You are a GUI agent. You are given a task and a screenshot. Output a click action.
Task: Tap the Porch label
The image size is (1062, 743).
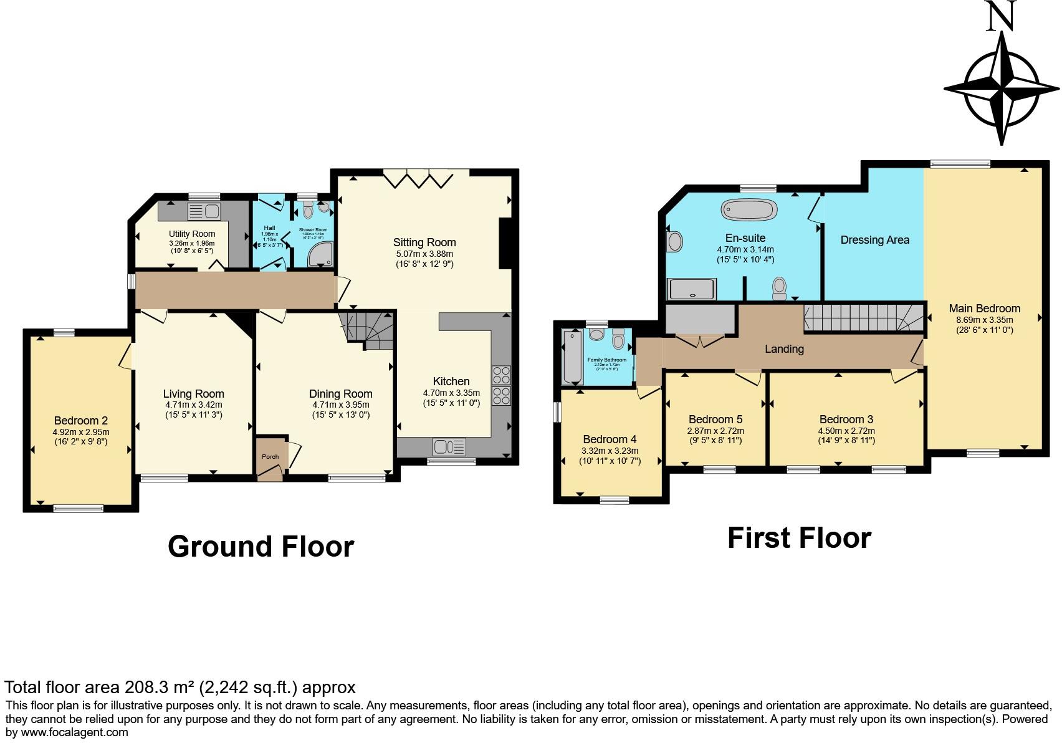(270, 457)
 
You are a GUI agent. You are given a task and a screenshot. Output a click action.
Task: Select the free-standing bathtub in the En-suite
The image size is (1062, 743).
(749, 209)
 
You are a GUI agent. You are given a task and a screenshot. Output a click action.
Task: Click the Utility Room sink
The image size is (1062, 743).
(204, 211)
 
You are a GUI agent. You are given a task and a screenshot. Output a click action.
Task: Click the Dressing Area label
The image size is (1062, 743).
(874, 240)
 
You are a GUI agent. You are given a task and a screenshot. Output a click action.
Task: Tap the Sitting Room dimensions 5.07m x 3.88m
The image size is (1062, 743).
(424, 254)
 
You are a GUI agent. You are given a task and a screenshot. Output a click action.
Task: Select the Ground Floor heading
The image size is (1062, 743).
(261, 547)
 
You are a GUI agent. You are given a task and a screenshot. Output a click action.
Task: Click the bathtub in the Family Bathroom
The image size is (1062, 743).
(572, 357)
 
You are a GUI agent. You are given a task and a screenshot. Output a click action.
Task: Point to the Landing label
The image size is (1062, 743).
(784, 349)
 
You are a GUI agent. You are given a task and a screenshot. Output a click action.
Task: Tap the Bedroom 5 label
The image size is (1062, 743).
(715, 419)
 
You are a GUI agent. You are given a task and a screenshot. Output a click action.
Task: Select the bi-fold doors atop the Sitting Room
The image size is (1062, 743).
(418, 179)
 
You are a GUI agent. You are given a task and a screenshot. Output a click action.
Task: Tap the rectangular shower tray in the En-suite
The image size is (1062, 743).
(692, 290)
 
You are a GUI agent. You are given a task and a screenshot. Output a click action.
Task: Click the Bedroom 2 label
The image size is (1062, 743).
(80, 421)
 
